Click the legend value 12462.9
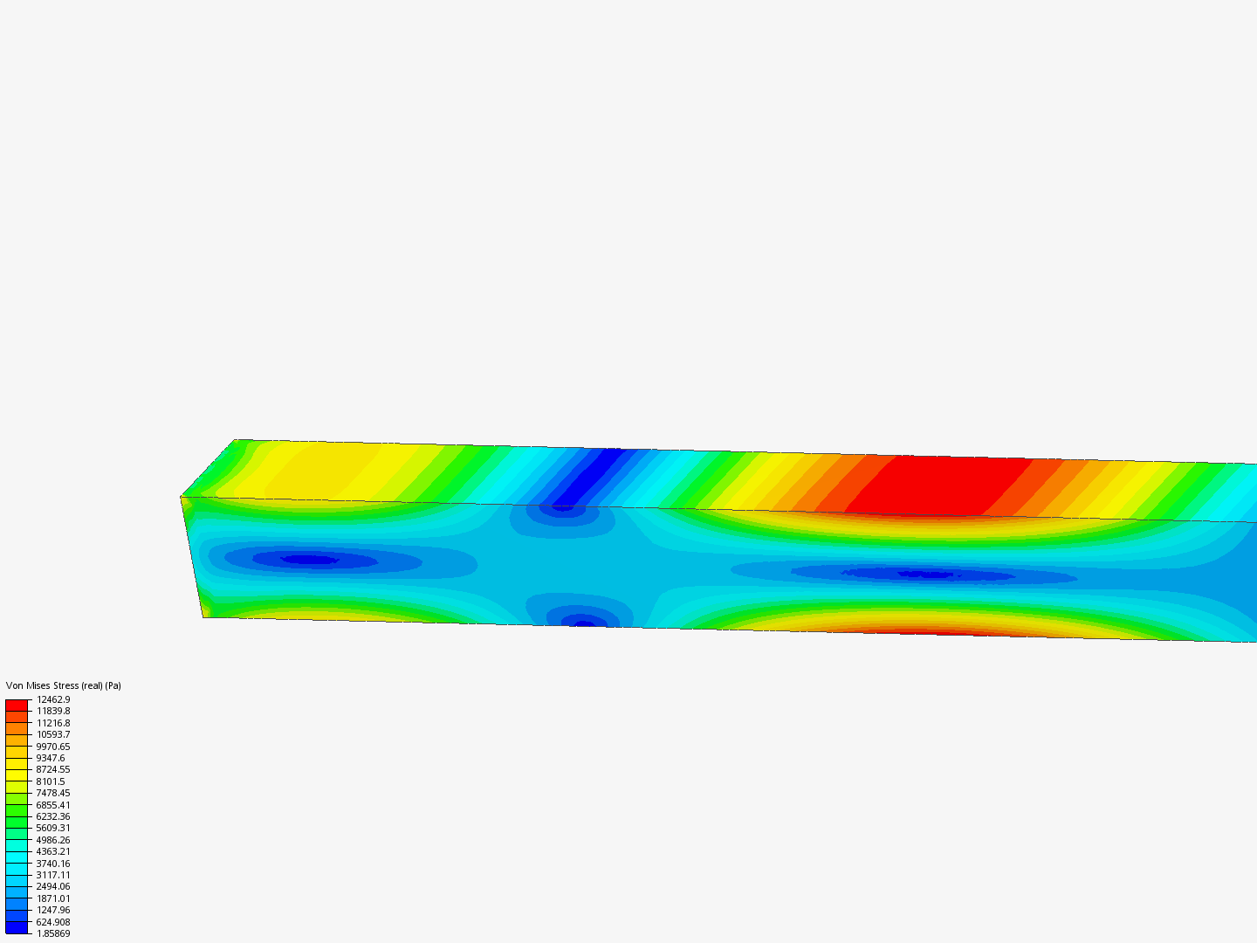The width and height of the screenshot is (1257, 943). point(53,699)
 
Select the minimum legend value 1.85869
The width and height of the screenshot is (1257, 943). point(53,933)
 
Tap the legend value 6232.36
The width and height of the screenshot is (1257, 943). point(53,816)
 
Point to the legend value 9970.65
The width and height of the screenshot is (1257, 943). point(53,747)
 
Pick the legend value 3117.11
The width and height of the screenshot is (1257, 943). point(53,875)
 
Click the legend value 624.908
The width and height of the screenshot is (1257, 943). point(53,922)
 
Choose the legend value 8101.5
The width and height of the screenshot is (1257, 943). point(51,781)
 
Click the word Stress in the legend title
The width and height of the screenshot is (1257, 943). point(67,685)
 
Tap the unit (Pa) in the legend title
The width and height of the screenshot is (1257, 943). point(113,685)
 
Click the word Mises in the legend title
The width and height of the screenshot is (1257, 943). point(39,685)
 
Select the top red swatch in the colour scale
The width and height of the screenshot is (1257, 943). point(17,705)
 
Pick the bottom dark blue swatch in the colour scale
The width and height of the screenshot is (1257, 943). point(17,927)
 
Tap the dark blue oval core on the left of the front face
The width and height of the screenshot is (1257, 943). point(310,560)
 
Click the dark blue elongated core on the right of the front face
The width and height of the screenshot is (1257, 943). point(925,575)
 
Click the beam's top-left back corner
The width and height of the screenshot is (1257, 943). point(235,440)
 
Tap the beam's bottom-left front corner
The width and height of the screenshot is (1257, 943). point(204,616)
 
